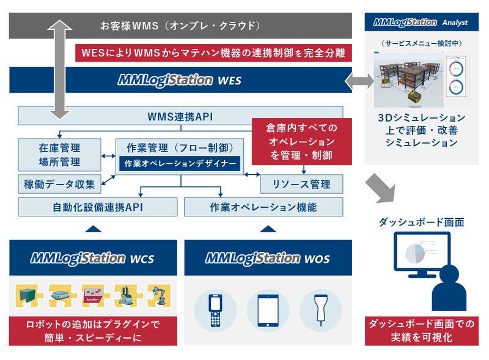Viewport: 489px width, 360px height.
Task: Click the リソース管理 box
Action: click(301, 183)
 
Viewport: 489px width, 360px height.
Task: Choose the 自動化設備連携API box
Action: click(98, 207)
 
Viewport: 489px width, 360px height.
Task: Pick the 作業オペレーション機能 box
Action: click(263, 207)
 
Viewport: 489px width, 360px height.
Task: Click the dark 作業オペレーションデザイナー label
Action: click(180, 163)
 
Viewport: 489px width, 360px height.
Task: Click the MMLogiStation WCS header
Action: click(93, 257)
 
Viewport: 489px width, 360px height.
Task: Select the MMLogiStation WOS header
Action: click(268, 257)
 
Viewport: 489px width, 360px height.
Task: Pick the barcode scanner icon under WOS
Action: click(321, 310)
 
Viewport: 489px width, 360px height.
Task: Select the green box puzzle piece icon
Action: click(28, 296)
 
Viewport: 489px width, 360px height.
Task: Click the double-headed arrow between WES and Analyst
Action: click(359, 81)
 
